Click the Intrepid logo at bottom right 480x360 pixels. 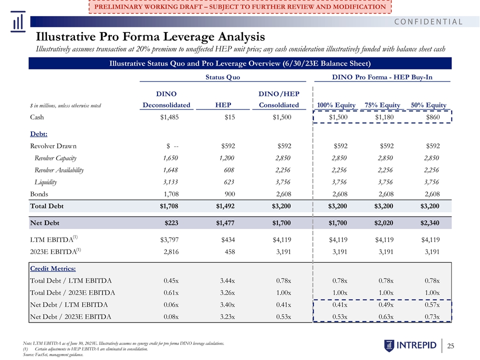[x=410, y=345]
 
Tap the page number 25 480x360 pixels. [x=450, y=346]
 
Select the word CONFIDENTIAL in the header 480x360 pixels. [x=428, y=21]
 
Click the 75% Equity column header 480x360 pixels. [x=382, y=105]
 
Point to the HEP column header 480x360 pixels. [x=223, y=105]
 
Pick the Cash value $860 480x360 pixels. [x=433, y=117]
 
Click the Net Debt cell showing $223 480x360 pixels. [x=171, y=223]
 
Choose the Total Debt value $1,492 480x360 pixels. [x=225, y=206]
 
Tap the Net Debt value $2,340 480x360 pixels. [x=430, y=223]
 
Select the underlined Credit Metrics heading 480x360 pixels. [x=53, y=268]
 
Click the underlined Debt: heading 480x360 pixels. [x=38, y=134]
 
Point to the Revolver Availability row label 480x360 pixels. [x=59, y=170]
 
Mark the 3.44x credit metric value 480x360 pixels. [x=227, y=280]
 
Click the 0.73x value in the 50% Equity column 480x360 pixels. [x=432, y=316]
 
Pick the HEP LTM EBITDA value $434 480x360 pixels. [x=228, y=239]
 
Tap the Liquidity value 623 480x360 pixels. [x=229, y=182]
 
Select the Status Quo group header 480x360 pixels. [x=223, y=77]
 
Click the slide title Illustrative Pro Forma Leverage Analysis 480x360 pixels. [x=150, y=36]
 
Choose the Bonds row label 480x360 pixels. [x=39, y=194]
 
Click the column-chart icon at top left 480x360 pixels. [x=18, y=21]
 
